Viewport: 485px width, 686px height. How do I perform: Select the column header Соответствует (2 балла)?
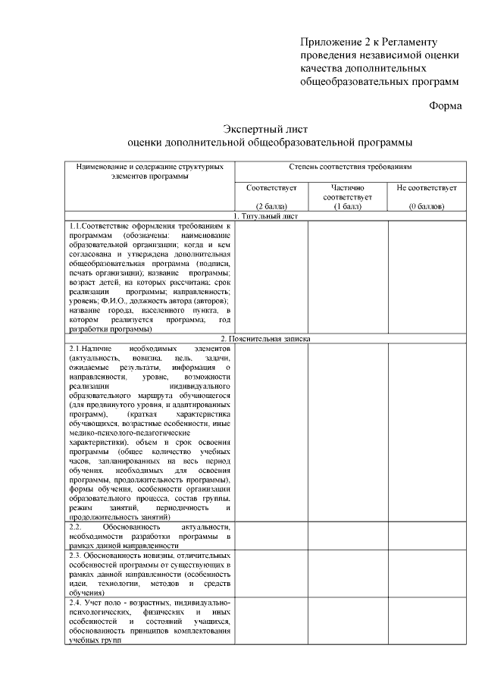271,196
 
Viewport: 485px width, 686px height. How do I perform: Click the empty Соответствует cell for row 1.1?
271,277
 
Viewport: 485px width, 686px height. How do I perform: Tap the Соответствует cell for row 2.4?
271,621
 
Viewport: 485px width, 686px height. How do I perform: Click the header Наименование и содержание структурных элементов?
150,171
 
